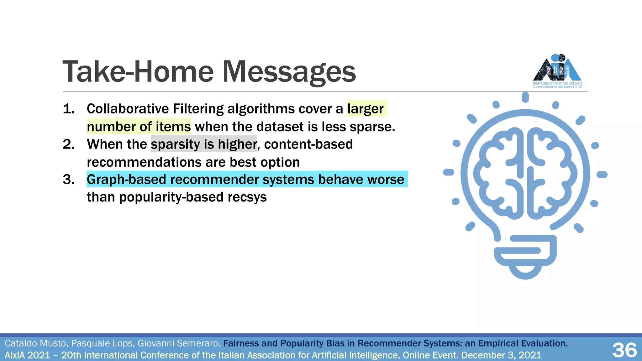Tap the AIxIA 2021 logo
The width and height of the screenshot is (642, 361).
[x=557, y=71]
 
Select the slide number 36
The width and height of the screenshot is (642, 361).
[x=624, y=350]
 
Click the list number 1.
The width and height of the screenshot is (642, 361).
[x=68, y=109]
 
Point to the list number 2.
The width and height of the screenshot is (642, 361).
[x=68, y=144]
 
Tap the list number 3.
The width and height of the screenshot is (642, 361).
[x=68, y=180]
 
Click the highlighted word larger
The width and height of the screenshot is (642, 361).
[x=365, y=109]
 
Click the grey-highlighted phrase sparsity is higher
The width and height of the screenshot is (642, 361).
[x=204, y=144]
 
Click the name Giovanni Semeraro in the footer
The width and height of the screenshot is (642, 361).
[x=179, y=343]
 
